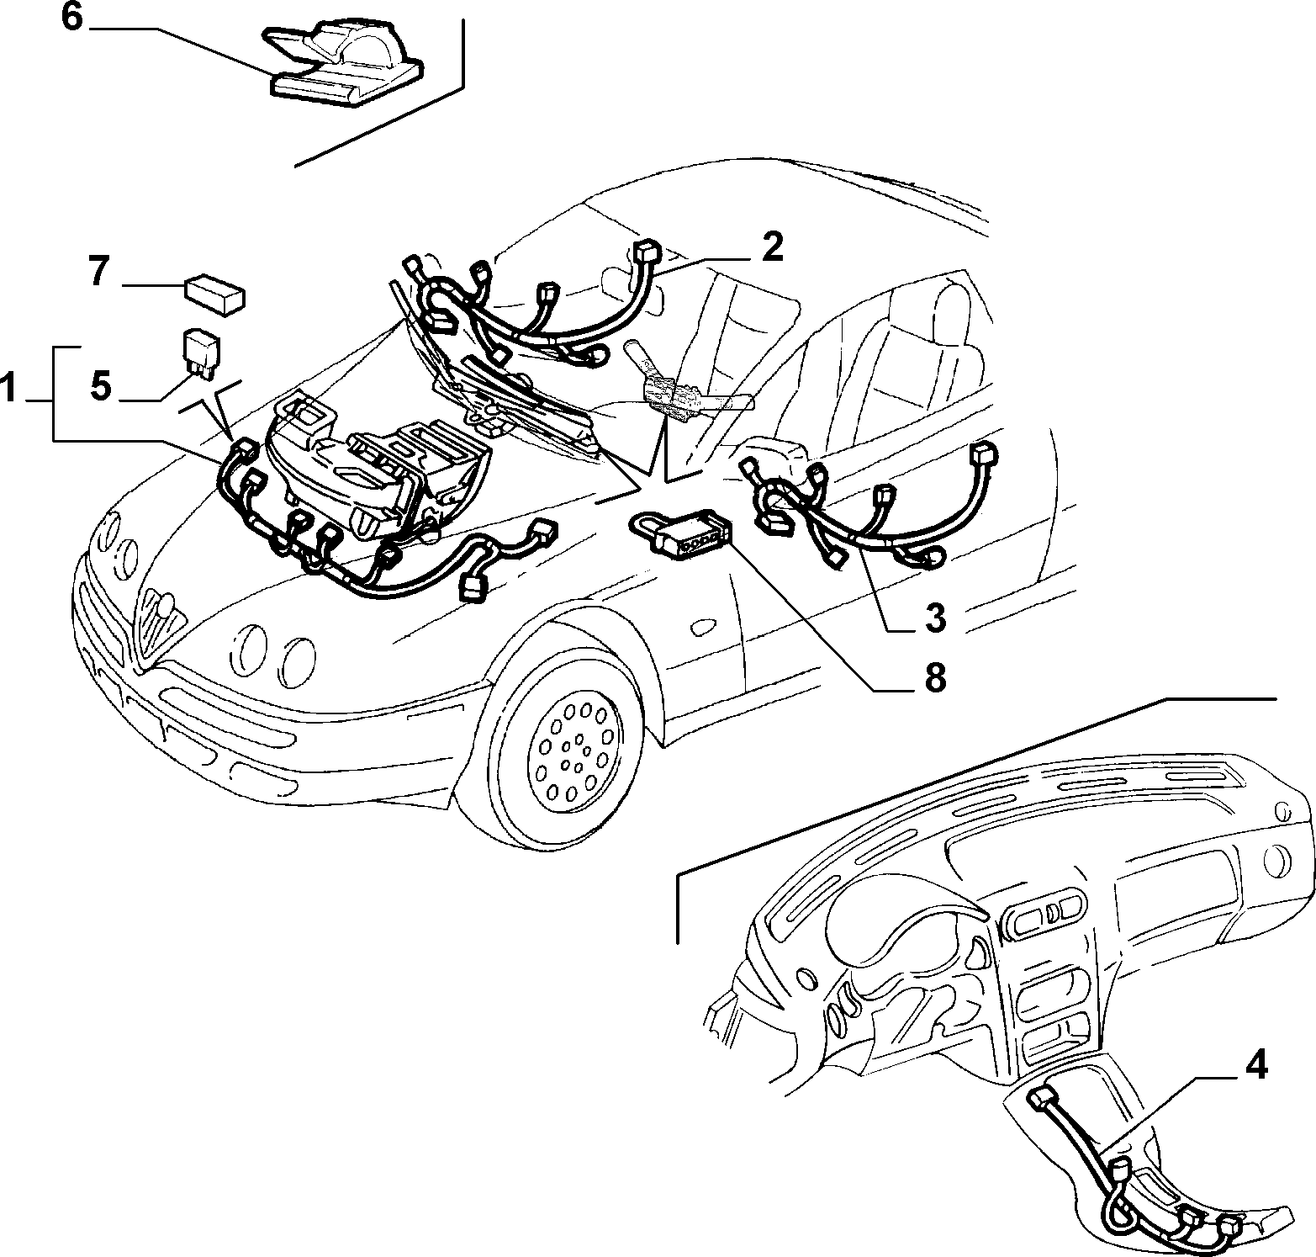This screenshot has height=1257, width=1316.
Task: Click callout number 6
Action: (x=73, y=19)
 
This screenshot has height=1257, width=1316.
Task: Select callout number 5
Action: (x=100, y=387)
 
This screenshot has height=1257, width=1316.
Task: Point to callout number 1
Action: (x=9, y=390)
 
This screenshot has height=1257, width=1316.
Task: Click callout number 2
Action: (x=772, y=247)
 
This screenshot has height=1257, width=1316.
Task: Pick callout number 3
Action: (x=934, y=618)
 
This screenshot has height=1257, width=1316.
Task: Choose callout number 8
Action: (x=934, y=677)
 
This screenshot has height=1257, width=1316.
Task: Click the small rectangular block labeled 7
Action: (x=215, y=294)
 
